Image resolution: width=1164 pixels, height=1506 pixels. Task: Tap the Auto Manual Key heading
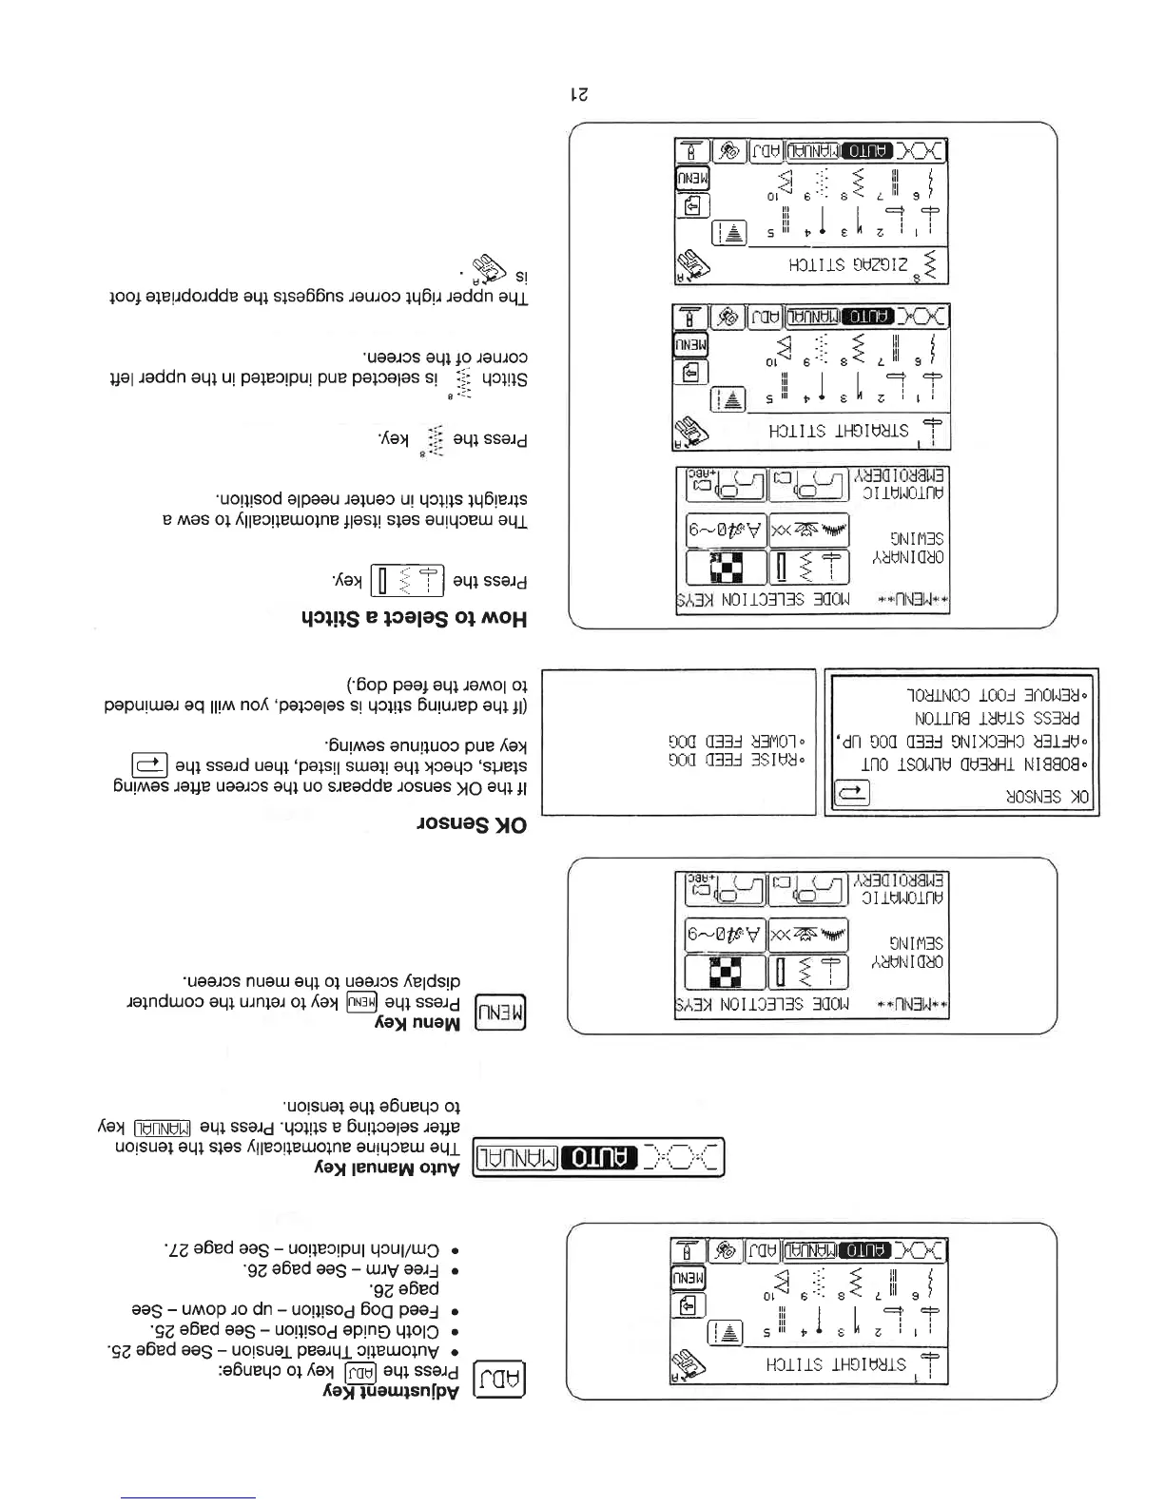(x=387, y=1168)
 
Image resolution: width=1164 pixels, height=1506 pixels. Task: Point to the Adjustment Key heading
(x=387, y=1392)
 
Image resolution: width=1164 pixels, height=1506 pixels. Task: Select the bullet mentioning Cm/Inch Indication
(x=311, y=1250)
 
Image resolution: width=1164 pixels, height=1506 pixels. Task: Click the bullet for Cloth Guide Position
(x=303, y=1330)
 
